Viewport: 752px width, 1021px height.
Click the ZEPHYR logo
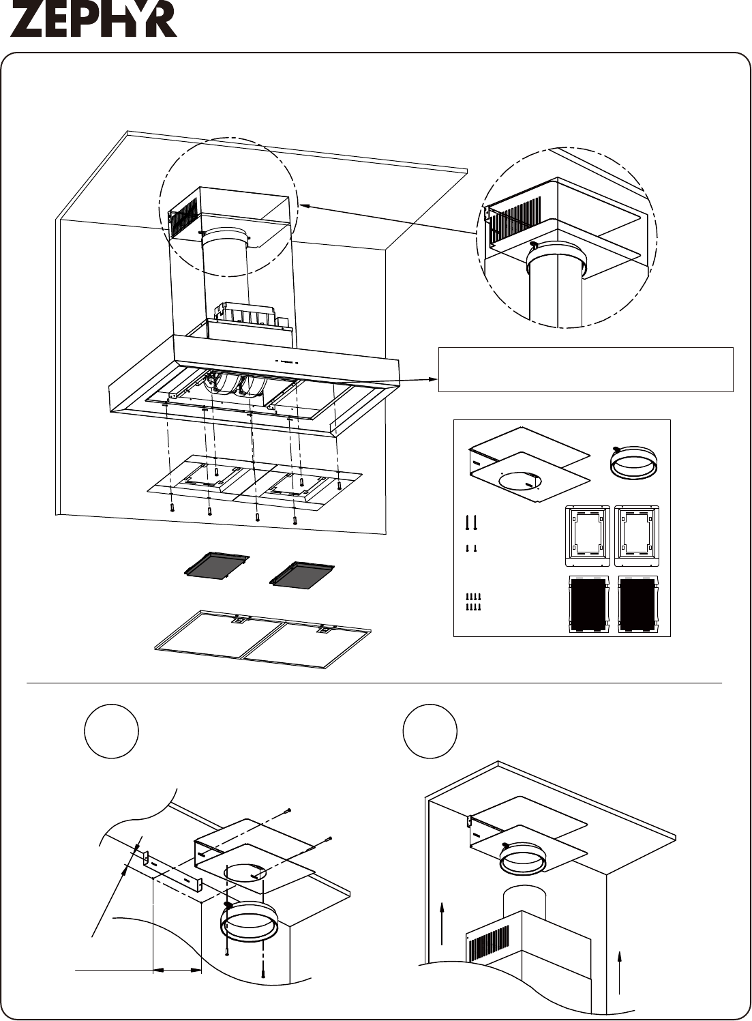(x=93, y=22)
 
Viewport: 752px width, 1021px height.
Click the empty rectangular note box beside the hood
(x=586, y=369)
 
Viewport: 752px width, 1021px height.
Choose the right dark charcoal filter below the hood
(x=302, y=574)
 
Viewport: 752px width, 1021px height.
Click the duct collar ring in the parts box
(x=633, y=462)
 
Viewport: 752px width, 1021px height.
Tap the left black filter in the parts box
(x=588, y=605)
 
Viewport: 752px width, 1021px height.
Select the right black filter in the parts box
(x=637, y=605)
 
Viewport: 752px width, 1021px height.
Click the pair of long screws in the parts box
(x=471, y=522)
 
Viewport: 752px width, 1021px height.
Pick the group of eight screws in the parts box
(x=474, y=602)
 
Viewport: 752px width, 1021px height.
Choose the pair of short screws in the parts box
(x=471, y=548)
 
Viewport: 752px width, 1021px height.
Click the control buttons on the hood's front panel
(x=286, y=363)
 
